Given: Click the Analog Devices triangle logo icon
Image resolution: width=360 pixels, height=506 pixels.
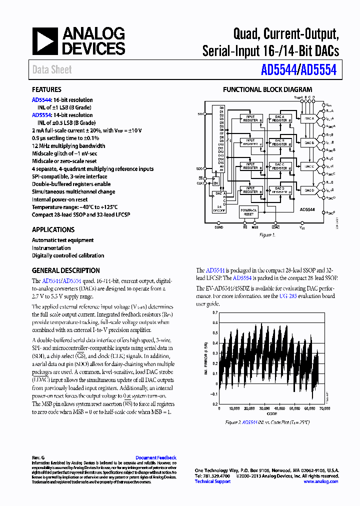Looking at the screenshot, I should [x=45, y=41].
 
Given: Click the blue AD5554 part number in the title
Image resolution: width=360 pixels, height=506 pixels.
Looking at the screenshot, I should [x=318, y=70].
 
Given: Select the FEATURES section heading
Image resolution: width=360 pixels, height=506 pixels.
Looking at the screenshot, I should [x=46, y=90].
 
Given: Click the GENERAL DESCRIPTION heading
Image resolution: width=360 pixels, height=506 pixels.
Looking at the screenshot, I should [x=65, y=270].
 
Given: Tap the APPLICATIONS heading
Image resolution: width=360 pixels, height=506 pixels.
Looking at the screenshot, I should [x=53, y=230].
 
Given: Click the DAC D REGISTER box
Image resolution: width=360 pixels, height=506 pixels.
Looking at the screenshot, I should [x=279, y=189].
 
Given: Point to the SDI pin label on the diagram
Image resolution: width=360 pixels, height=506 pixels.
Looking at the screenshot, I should [x=200, y=114].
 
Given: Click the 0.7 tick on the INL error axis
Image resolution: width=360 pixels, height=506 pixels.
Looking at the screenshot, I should [x=214, y=312].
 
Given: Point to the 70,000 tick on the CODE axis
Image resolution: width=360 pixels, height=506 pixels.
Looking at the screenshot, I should [x=324, y=408].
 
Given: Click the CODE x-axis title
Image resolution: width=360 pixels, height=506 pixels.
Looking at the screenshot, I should [x=271, y=413].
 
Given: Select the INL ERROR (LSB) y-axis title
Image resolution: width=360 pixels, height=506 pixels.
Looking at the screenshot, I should [x=206, y=358].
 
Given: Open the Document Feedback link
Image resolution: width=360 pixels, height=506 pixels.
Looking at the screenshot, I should [x=156, y=457].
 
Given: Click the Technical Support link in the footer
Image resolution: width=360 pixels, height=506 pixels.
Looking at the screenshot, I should [x=212, y=481].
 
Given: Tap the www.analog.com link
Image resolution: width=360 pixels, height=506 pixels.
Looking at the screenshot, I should [x=320, y=481].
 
